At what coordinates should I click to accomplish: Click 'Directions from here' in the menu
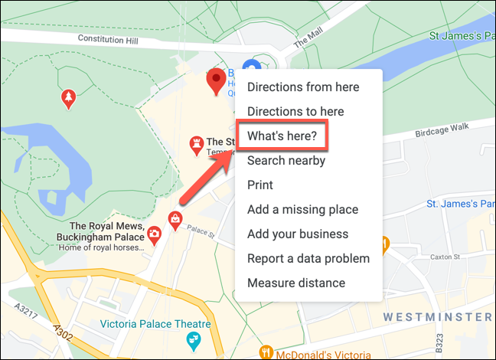click(303, 87)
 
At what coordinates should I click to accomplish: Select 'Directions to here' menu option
click(295, 112)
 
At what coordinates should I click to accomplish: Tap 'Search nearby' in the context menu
click(286, 161)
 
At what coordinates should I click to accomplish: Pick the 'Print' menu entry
click(260, 185)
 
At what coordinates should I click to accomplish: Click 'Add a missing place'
click(302, 210)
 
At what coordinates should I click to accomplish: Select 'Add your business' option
click(298, 234)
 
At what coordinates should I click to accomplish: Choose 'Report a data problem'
click(308, 259)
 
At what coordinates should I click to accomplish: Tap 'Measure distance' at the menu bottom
click(296, 283)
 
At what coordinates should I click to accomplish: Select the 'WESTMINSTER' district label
click(439, 317)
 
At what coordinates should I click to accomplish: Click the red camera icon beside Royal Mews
click(155, 234)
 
